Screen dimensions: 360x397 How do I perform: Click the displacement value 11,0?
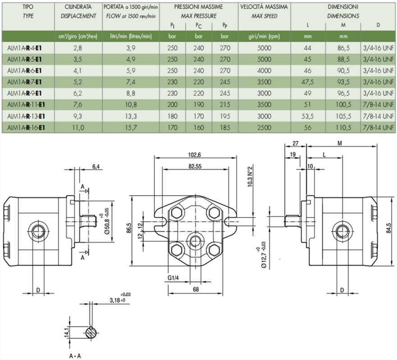coord(78,128)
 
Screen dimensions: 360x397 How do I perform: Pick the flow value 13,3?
coord(130,116)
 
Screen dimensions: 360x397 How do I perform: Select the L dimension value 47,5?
coord(308,81)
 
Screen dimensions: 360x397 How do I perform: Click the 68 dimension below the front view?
coord(196,289)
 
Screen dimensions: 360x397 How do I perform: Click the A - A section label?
coord(75,356)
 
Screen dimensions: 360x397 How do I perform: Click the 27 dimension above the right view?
coord(296,143)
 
